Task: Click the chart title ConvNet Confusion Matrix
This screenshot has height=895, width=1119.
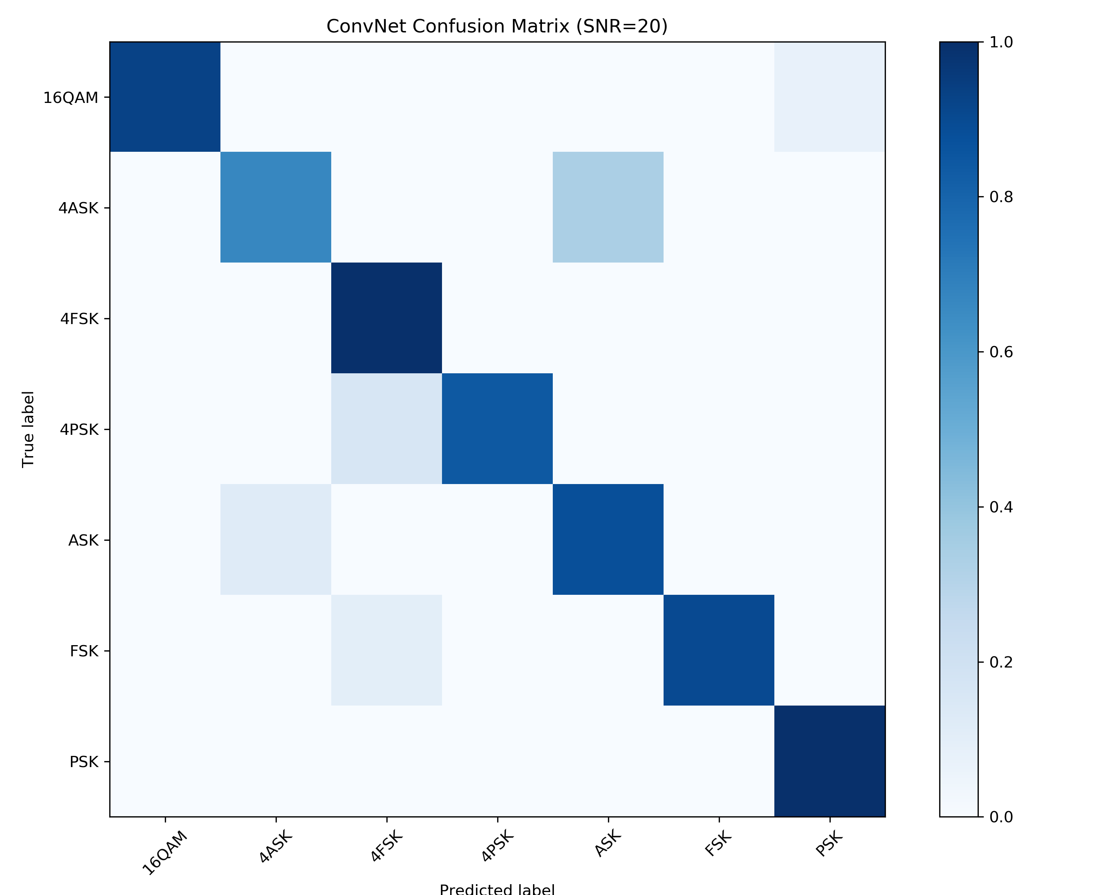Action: click(x=497, y=26)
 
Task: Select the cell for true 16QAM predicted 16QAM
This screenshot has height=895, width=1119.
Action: click(x=165, y=97)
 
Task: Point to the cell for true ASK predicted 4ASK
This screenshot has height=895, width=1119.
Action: click(x=276, y=540)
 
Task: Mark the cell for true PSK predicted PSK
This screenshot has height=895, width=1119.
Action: click(x=830, y=761)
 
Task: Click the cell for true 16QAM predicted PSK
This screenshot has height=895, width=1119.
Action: click(x=830, y=97)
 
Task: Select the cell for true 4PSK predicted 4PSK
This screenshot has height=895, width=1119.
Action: click(x=497, y=428)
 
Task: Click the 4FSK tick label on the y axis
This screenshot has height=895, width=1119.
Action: click(x=79, y=318)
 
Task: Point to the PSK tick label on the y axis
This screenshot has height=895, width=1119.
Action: click(x=84, y=761)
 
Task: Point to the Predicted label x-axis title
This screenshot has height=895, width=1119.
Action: click(x=497, y=888)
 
